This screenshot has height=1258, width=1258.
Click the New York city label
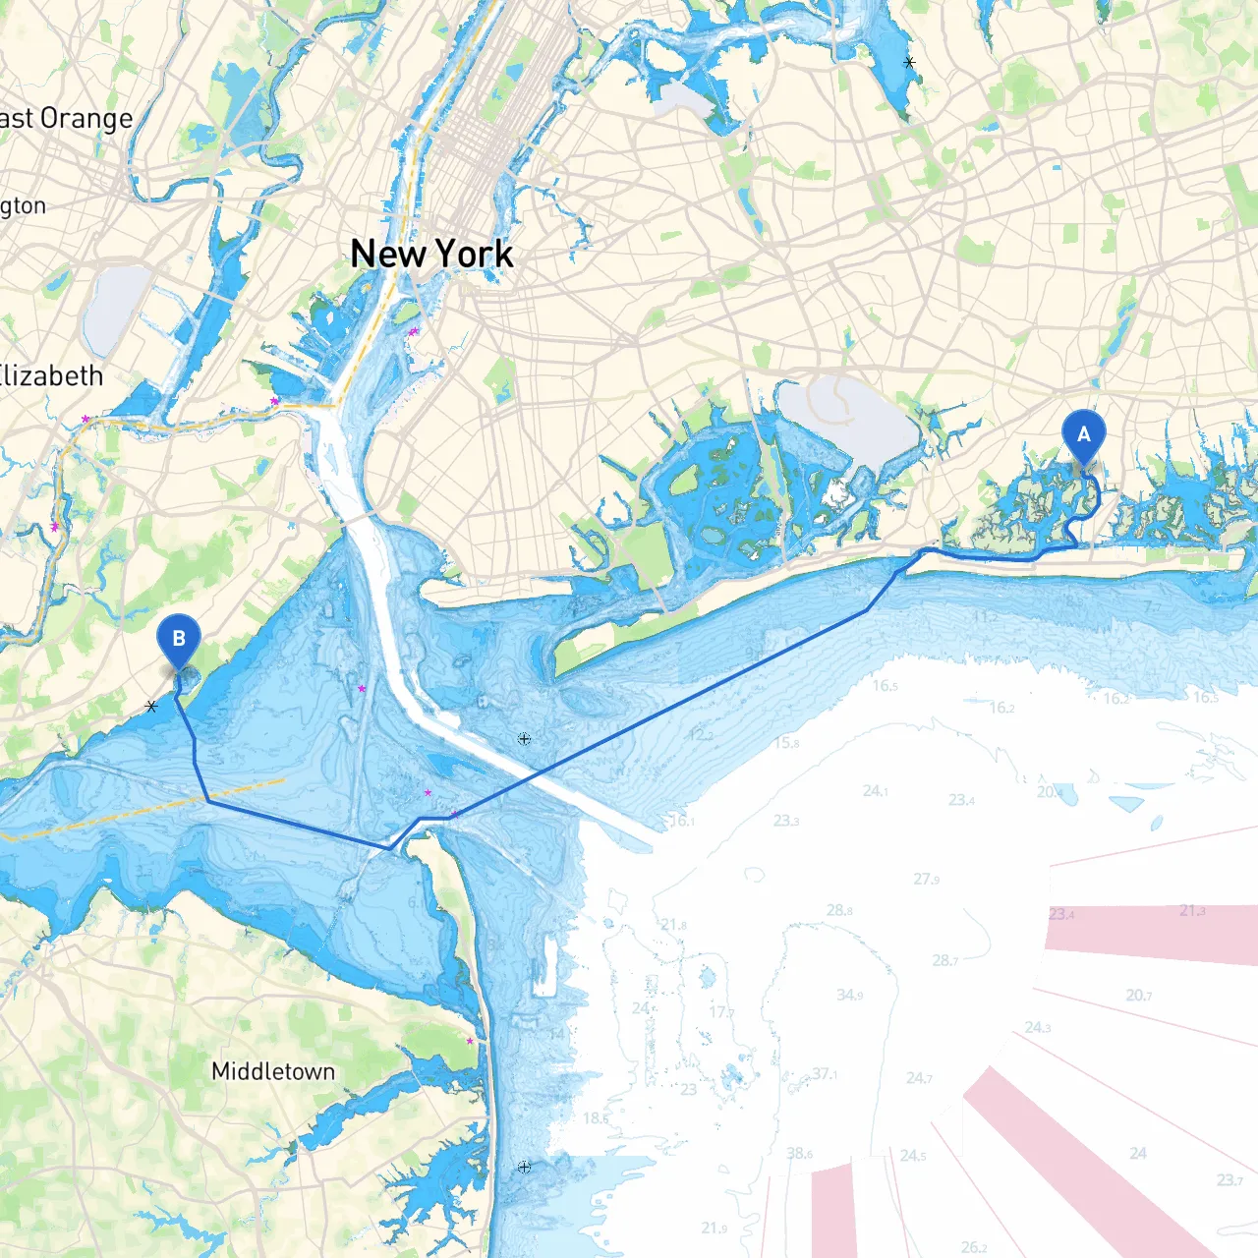click(x=431, y=255)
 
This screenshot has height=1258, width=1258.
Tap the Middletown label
click(x=273, y=1071)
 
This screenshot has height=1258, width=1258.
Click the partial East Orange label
click(x=65, y=119)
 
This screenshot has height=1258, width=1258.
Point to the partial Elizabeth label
click(x=51, y=376)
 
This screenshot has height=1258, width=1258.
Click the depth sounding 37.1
click(x=825, y=1074)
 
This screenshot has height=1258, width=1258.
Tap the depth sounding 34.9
click(x=850, y=996)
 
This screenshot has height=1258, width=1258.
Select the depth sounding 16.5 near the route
click(x=885, y=685)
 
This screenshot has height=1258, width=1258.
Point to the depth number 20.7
click(x=1139, y=996)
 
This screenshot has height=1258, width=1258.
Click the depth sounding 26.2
click(x=974, y=1247)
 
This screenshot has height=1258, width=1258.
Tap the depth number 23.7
click(x=1229, y=1180)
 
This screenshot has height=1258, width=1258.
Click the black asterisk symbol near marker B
click(x=151, y=706)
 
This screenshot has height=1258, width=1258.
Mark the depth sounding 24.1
click(x=875, y=791)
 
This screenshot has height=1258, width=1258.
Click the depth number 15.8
click(x=787, y=743)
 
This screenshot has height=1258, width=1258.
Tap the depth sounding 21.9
click(x=715, y=1228)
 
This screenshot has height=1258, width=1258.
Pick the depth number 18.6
click(x=596, y=1117)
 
